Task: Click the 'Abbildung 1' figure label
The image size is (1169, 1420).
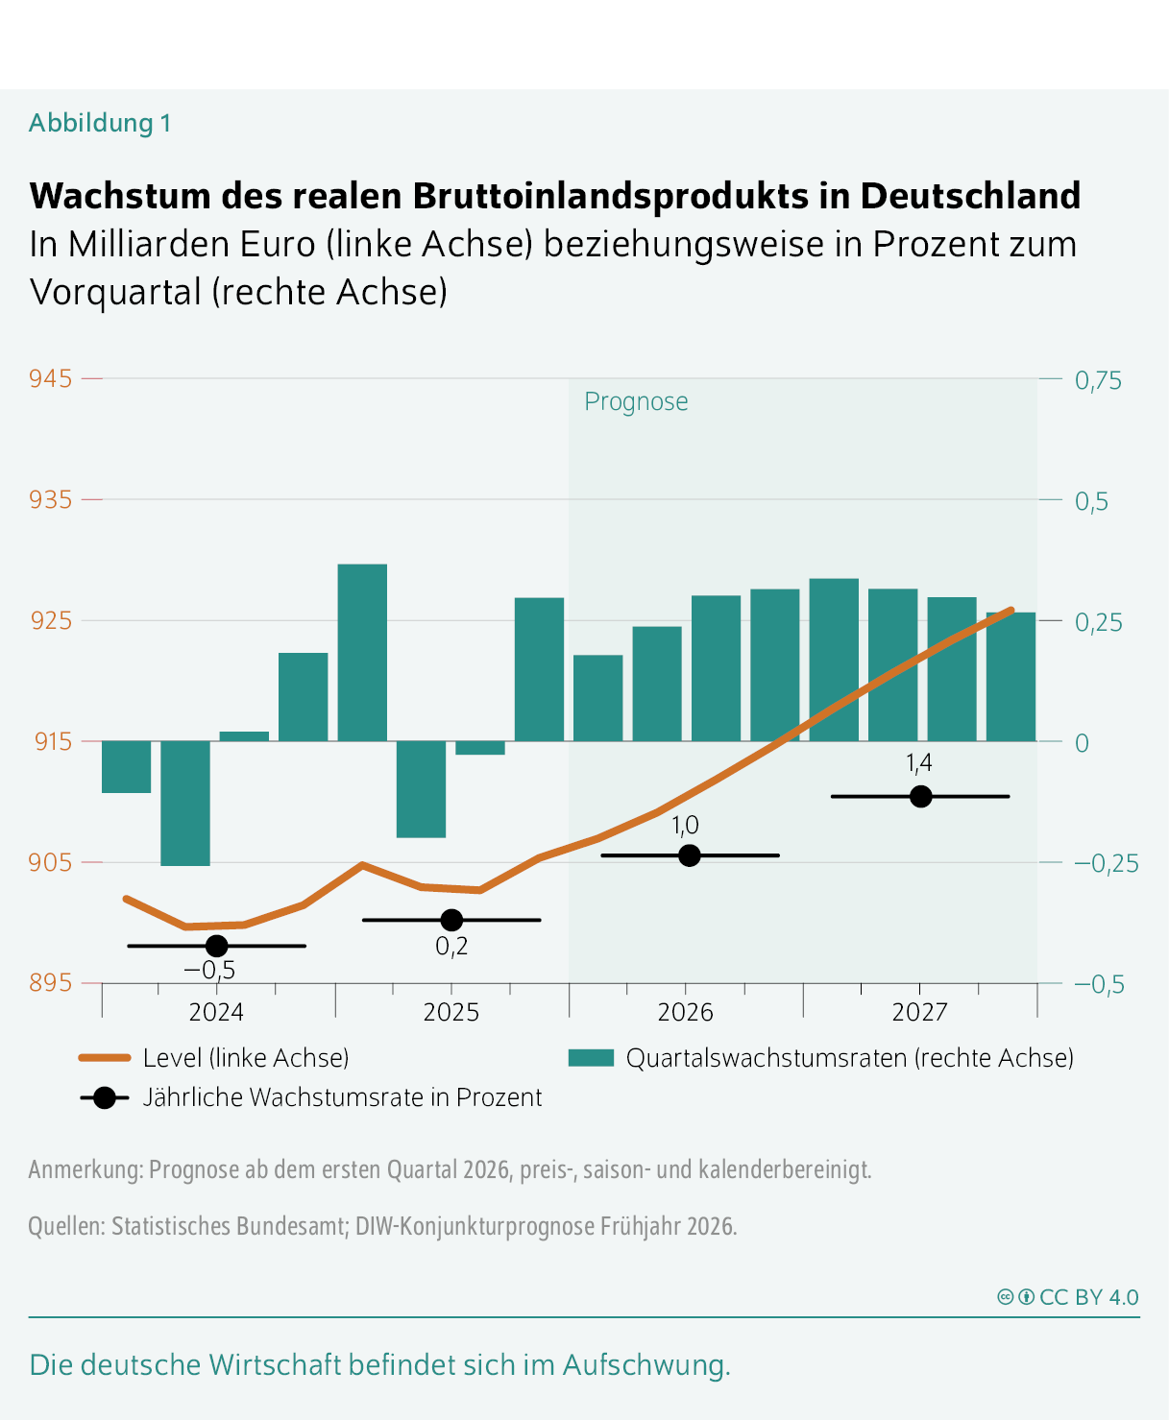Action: [100, 123]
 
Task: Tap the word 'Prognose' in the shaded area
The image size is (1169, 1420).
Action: [636, 401]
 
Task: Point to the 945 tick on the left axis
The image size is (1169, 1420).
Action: [51, 379]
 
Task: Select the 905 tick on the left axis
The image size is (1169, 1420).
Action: [51, 862]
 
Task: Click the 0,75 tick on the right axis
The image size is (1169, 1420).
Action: [1098, 381]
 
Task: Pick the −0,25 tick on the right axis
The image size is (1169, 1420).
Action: [1106, 863]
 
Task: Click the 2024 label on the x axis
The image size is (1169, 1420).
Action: [216, 1012]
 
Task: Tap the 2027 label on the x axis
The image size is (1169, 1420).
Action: [919, 1012]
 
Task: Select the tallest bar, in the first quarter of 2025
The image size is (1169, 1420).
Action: [362, 653]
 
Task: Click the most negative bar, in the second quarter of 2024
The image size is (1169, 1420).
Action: [185, 803]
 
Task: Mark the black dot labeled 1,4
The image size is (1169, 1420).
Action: [920, 796]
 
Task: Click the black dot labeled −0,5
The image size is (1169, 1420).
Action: [217, 946]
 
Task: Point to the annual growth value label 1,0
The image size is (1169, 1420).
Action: [685, 826]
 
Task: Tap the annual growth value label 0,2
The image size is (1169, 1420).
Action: [451, 947]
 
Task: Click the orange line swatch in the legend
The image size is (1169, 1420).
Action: [105, 1058]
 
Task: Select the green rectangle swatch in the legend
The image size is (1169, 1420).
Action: [591, 1058]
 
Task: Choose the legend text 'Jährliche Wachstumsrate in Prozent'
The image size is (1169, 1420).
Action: [342, 1097]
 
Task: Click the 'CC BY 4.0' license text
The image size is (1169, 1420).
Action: [1088, 1297]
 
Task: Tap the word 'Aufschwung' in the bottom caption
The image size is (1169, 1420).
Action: [643, 1364]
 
